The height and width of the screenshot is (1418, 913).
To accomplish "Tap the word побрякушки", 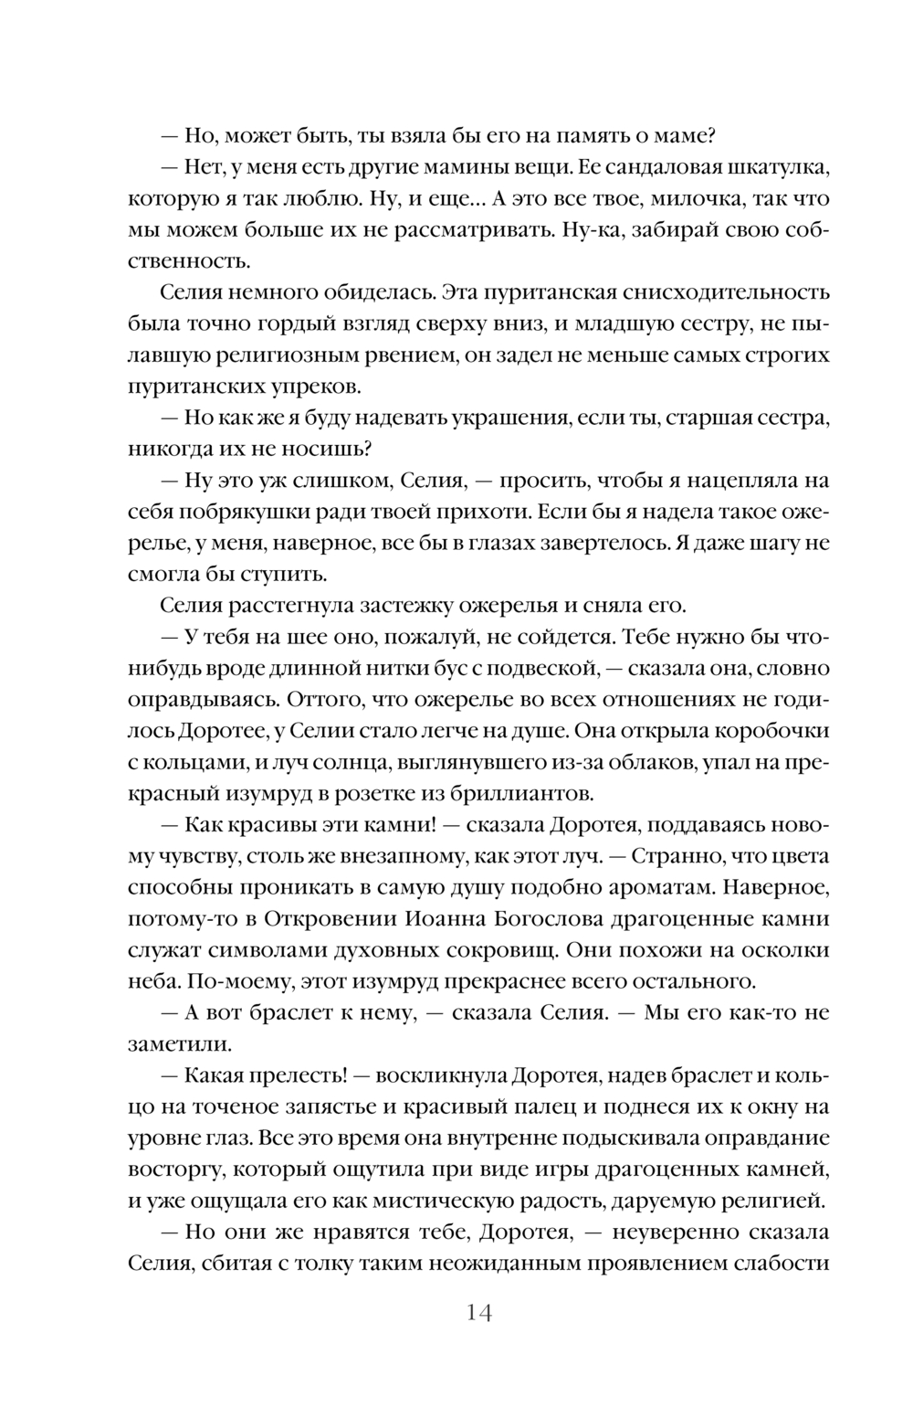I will click(x=273, y=510).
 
